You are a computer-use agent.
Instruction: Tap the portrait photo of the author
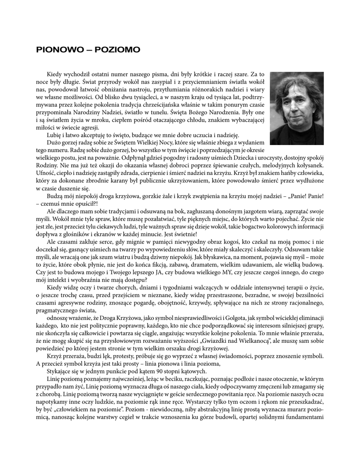tap(297, 108)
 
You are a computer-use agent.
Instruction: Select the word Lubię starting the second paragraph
tap(54, 134)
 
